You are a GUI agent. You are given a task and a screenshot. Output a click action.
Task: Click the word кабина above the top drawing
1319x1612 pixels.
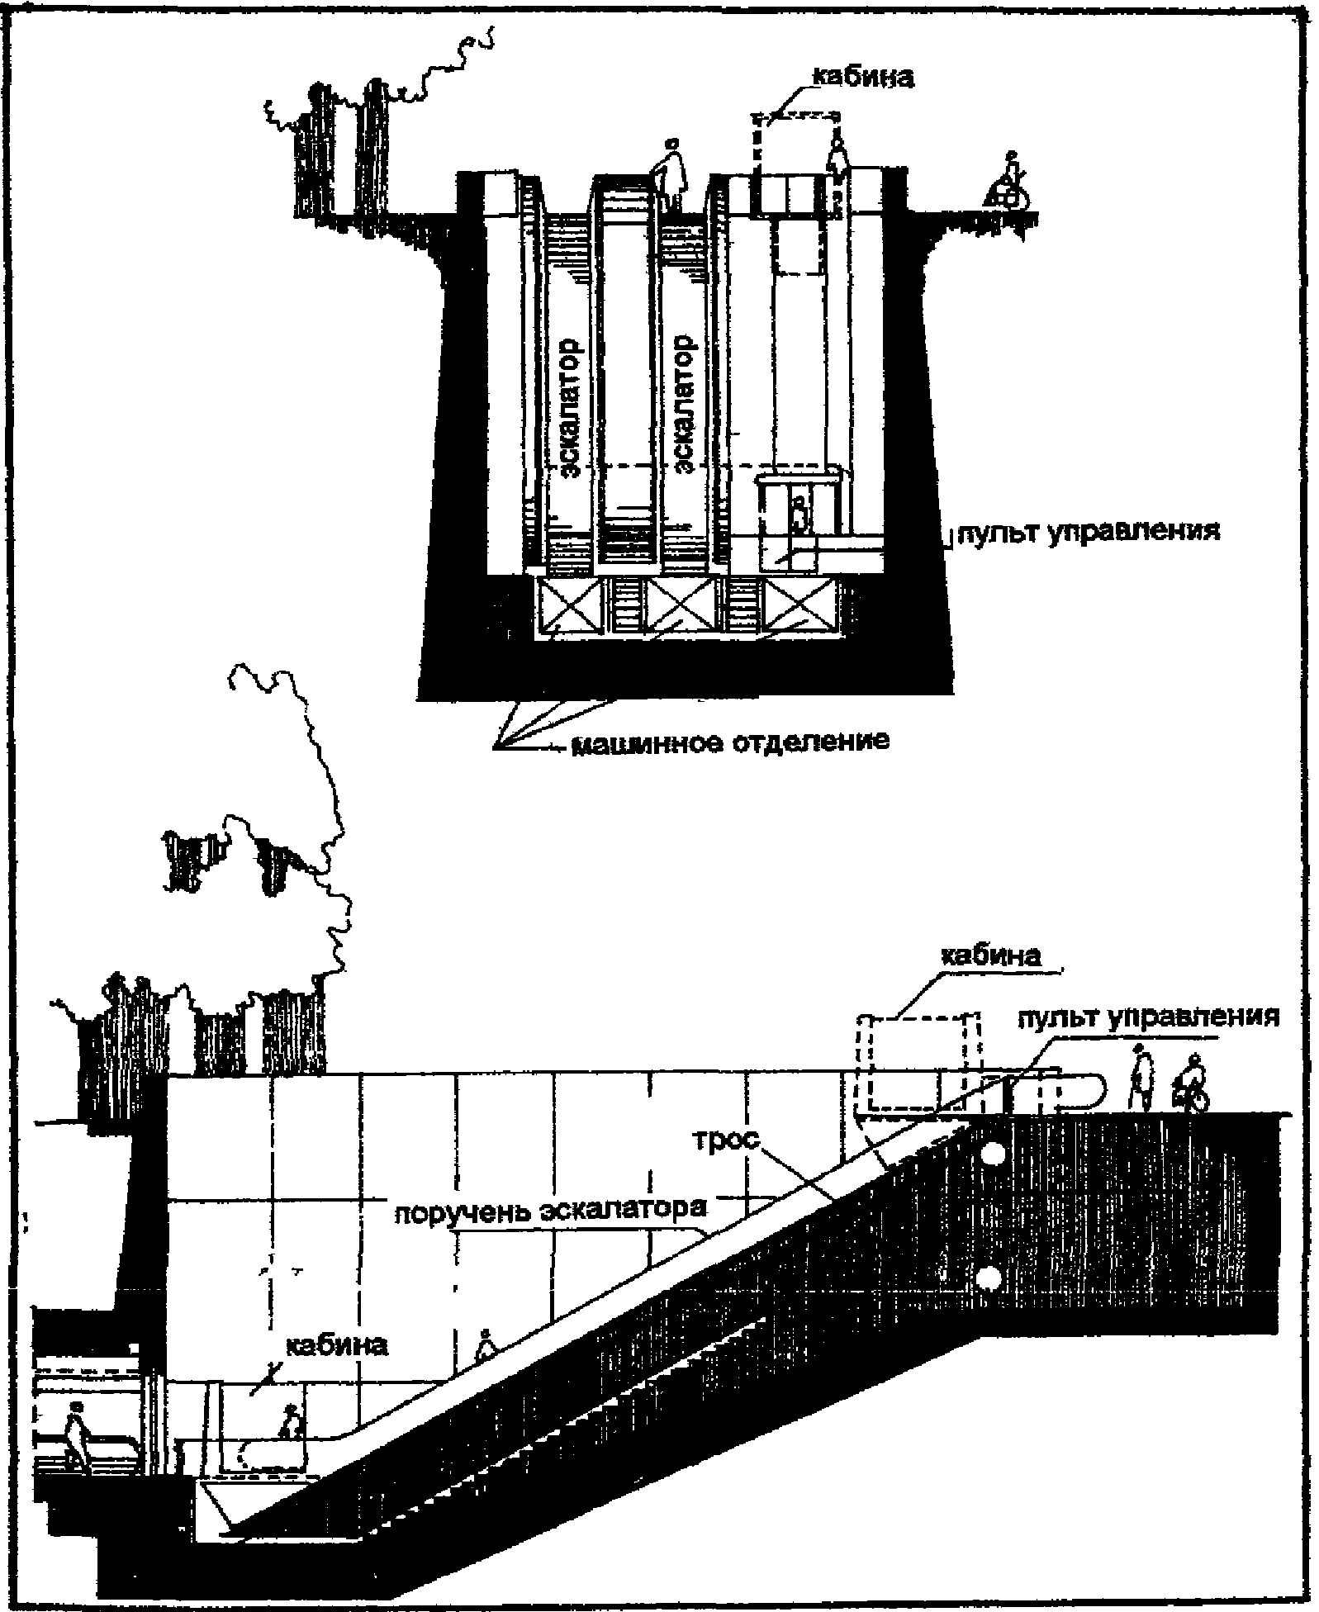pyautogui.click(x=862, y=77)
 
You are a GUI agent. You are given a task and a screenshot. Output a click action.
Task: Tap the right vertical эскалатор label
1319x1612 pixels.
pyautogui.click(x=686, y=405)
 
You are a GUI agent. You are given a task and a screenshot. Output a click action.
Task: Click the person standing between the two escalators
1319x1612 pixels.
pyautogui.click(x=671, y=173)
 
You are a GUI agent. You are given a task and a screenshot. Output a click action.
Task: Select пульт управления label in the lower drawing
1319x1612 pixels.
pyautogui.click(x=1148, y=1016)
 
